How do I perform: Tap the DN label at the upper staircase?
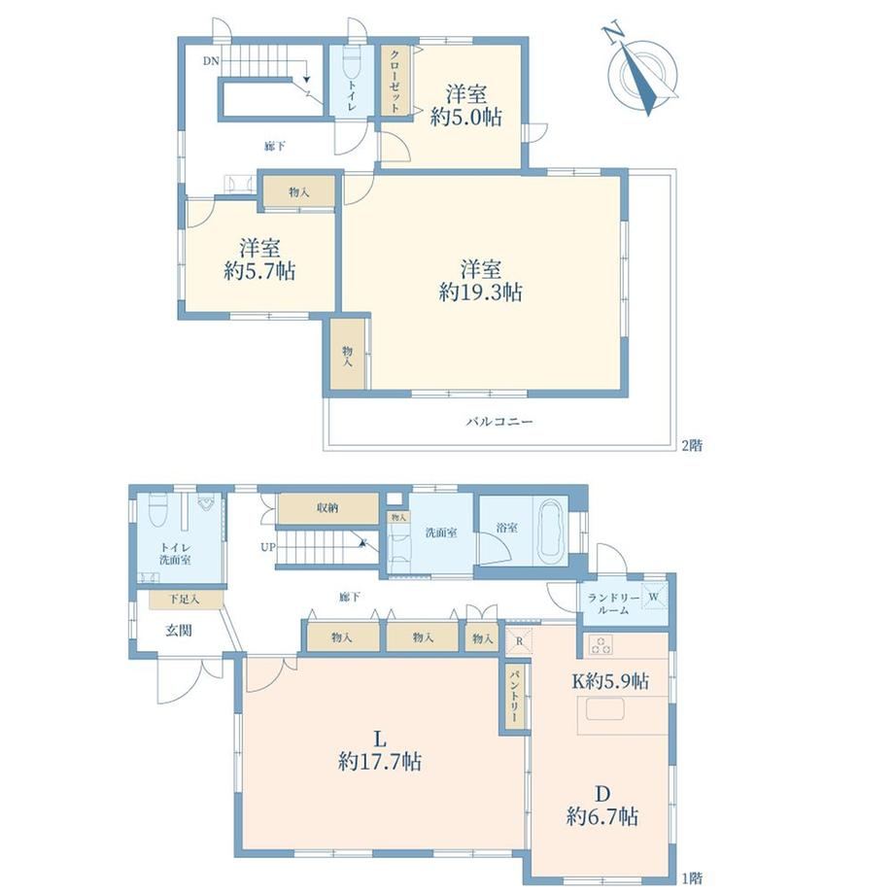click(x=211, y=61)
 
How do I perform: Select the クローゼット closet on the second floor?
click(x=395, y=81)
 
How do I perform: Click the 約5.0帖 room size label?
click(x=465, y=118)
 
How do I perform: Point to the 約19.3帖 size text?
click(x=480, y=292)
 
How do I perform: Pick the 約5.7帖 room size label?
click(x=259, y=271)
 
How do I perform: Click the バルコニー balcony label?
click(x=499, y=422)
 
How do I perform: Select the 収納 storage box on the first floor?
click(x=327, y=508)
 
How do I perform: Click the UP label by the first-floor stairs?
click(x=268, y=547)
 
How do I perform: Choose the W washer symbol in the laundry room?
click(x=654, y=597)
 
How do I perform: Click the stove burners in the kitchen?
click(x=601, y=645)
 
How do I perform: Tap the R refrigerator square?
click(x=520, y=640)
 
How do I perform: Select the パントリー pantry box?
click(x=514, y=697)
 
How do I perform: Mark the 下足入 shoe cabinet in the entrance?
click(x=186, y=600)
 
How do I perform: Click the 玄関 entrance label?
click(x=179, y=630)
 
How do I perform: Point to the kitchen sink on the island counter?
click(x=604, y=709)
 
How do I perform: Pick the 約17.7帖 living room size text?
click(x=380, y=761)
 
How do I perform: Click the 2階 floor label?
click(x=692, y=445)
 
